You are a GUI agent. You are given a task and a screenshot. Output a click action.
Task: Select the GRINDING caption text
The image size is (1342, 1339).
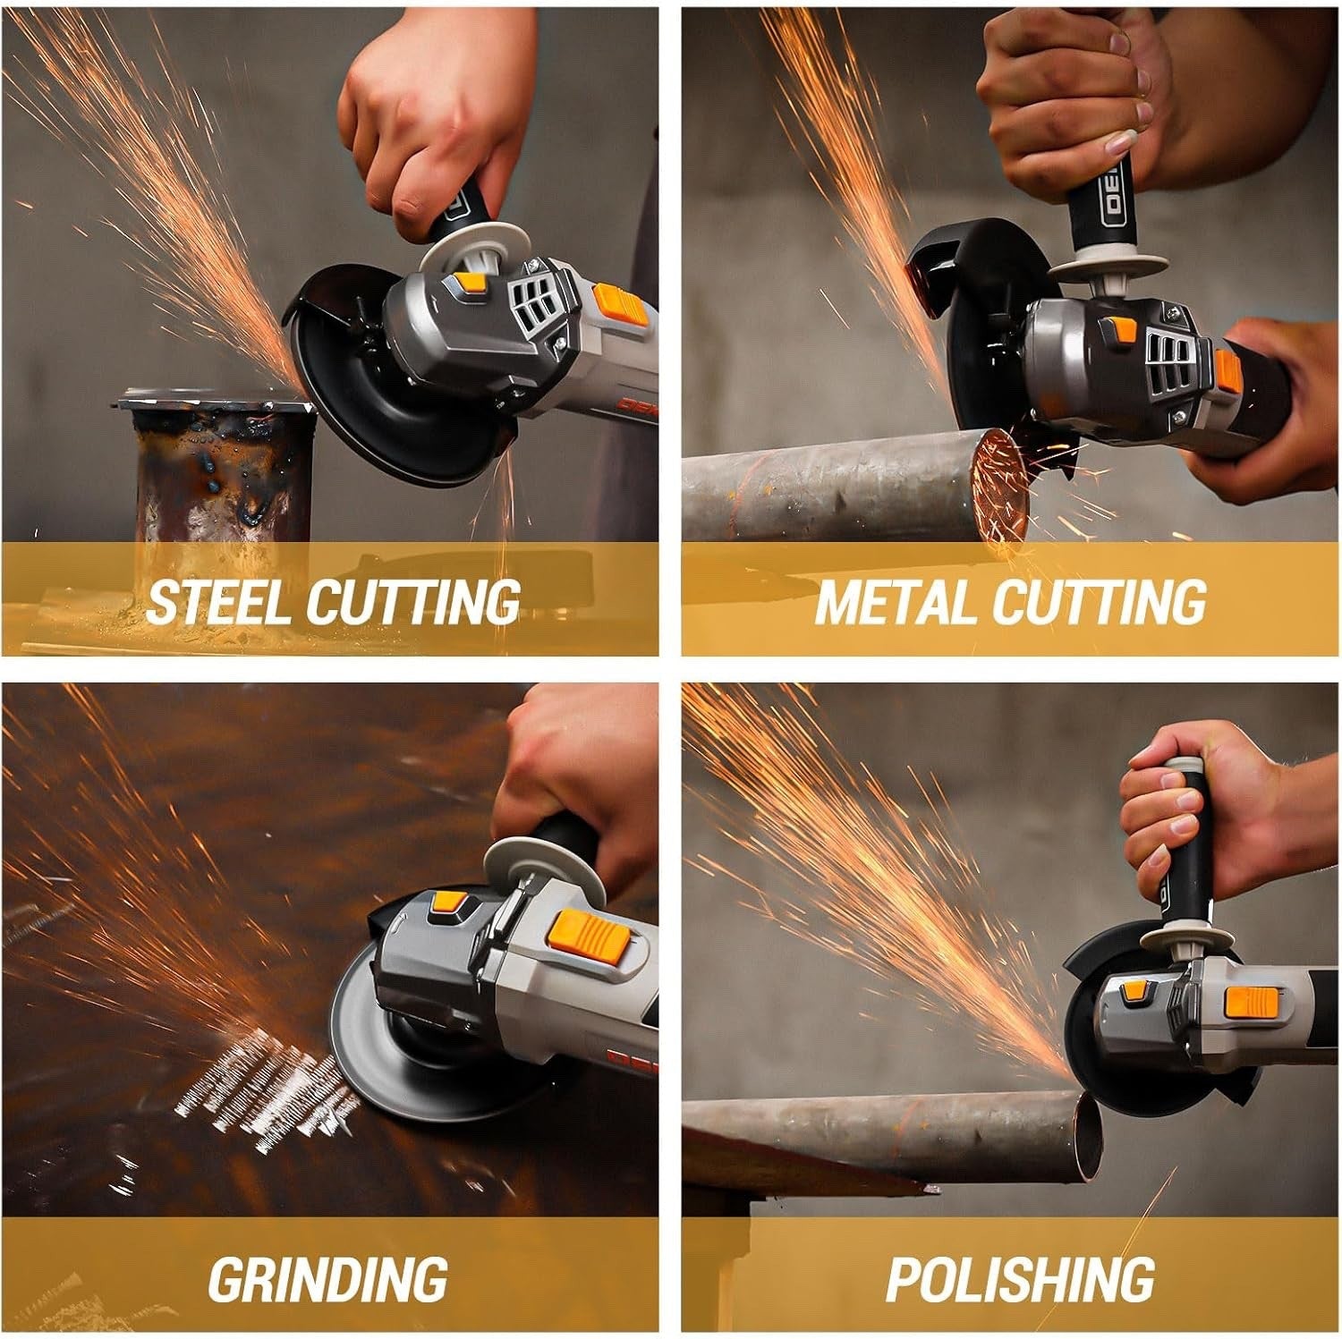327,1278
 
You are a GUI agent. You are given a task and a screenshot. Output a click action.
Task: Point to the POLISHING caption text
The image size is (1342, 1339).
1020,1278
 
